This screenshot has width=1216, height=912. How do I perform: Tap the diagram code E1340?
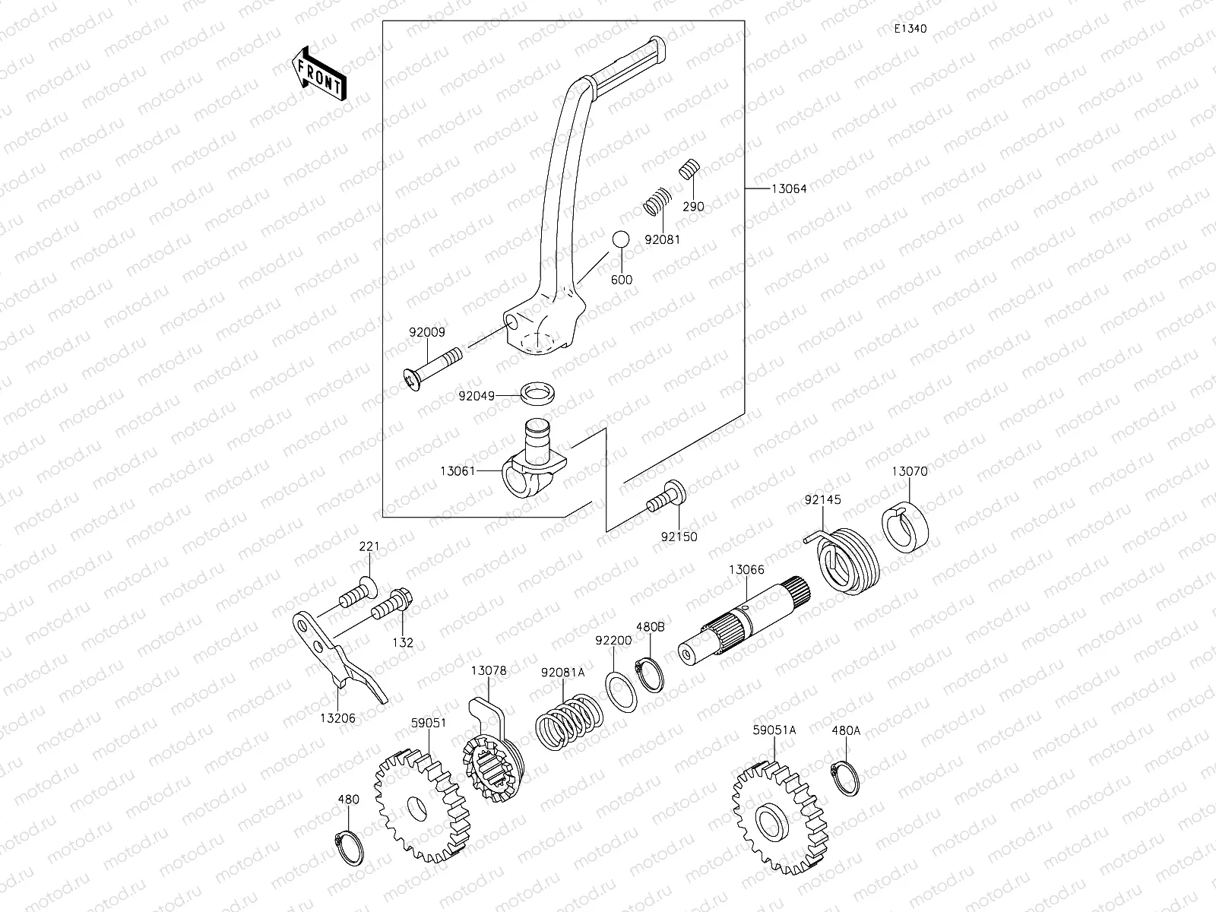point(910,29)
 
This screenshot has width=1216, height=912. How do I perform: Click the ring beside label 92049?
point(537,394)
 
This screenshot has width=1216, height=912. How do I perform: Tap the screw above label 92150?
point(667,499)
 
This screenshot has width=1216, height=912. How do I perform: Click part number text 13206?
point(337,717)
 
